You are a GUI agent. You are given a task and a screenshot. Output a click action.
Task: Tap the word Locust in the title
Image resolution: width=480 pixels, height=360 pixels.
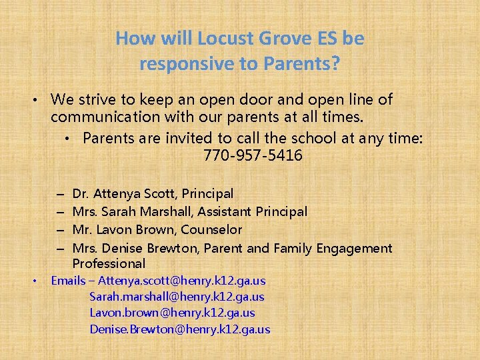[x=219, y=39]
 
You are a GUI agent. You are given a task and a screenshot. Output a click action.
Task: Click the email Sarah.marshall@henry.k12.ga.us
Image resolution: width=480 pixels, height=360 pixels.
[x=177, y=297]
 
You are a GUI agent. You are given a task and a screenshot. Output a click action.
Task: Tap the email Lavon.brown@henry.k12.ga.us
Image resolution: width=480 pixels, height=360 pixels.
[x=172, y=313]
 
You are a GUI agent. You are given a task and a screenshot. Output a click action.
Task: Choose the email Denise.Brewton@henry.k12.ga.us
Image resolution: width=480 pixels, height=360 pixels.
[x=180, y=329]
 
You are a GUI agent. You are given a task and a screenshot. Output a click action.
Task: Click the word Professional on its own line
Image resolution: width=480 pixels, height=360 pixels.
[x=109, y=264]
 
